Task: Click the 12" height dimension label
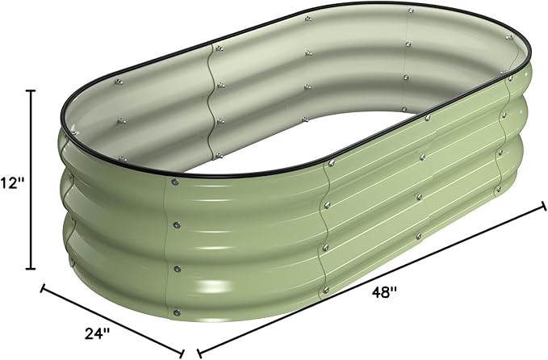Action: pyautogui.click(x=13, y=182)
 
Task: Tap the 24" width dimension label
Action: pyautogui.click(x=97, y=333)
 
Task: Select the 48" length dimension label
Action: pyautogui.click(x=384, y=291)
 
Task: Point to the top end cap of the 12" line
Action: pyautogui.click(x=31, y=91)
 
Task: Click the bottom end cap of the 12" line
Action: pyautogui.click(x=31, y=269)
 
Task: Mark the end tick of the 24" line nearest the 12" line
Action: pyautogui.click(x=43, y=288)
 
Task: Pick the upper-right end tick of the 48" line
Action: pyautogui.click(x=543, y=206)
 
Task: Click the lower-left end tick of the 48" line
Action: pyautogui.click(x=199, y=352)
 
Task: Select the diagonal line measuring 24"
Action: pyautogui.click(x=112, y=320)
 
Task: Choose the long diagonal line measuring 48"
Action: pyautogui.click(x=371, y=279)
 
